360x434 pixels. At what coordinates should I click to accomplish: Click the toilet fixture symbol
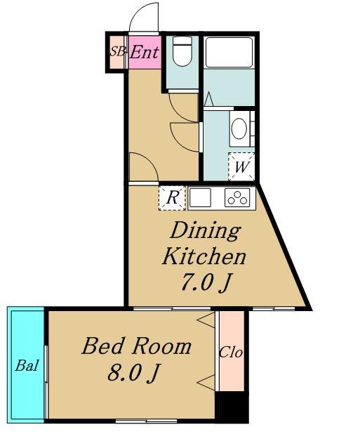(x=182, y=51)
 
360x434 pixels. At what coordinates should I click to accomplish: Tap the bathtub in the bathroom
(x=229, y=52)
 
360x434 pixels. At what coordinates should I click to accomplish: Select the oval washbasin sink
(x=239, y=129)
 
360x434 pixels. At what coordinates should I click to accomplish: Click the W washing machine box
(x=241, y=166)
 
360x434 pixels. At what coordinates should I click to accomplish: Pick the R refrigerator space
(x=172, y=198)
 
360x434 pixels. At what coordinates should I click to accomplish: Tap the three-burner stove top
(x=237, y=197)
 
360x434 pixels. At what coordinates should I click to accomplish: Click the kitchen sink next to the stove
(x=200, y=197)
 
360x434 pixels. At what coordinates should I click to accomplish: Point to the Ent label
(x=145, y=52)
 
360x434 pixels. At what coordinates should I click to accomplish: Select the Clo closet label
(x=231, y=353)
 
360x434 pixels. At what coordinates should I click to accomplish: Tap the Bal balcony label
(x=27, y=365)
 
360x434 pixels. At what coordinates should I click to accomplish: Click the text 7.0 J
(x=206, y=282)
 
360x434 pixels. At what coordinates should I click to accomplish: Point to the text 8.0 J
(x=134, y=372)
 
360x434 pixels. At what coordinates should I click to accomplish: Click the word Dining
(x=205, y=231)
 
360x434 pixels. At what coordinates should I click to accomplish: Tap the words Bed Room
(x=137, y=346)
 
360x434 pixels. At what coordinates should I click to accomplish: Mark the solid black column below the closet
(x=232, y=407)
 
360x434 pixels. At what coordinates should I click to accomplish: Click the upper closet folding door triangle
(x=206, y=320)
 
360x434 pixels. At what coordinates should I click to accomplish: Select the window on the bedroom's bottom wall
(x=146, y=421)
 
